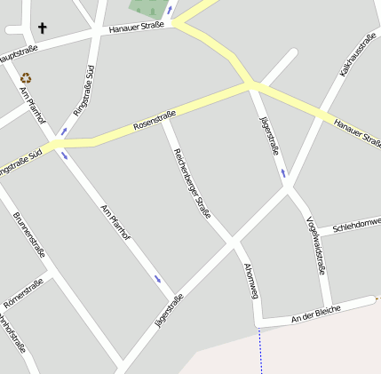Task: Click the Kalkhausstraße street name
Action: tap(357, 58)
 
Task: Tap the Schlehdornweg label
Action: tap(355, 227)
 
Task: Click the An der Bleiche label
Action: tap(315, 314)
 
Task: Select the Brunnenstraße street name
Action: tap(28, 233)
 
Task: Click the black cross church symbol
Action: tap(42, 28)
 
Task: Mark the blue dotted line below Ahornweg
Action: tap(261, 351)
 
